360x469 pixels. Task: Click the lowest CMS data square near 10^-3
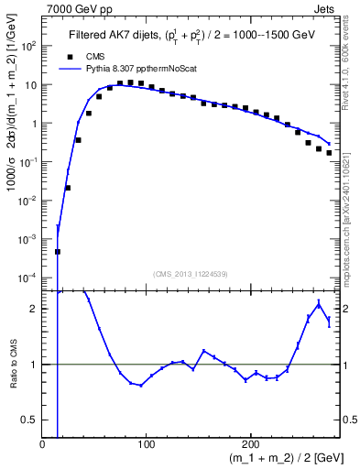58,251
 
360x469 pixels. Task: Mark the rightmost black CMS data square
329,153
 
